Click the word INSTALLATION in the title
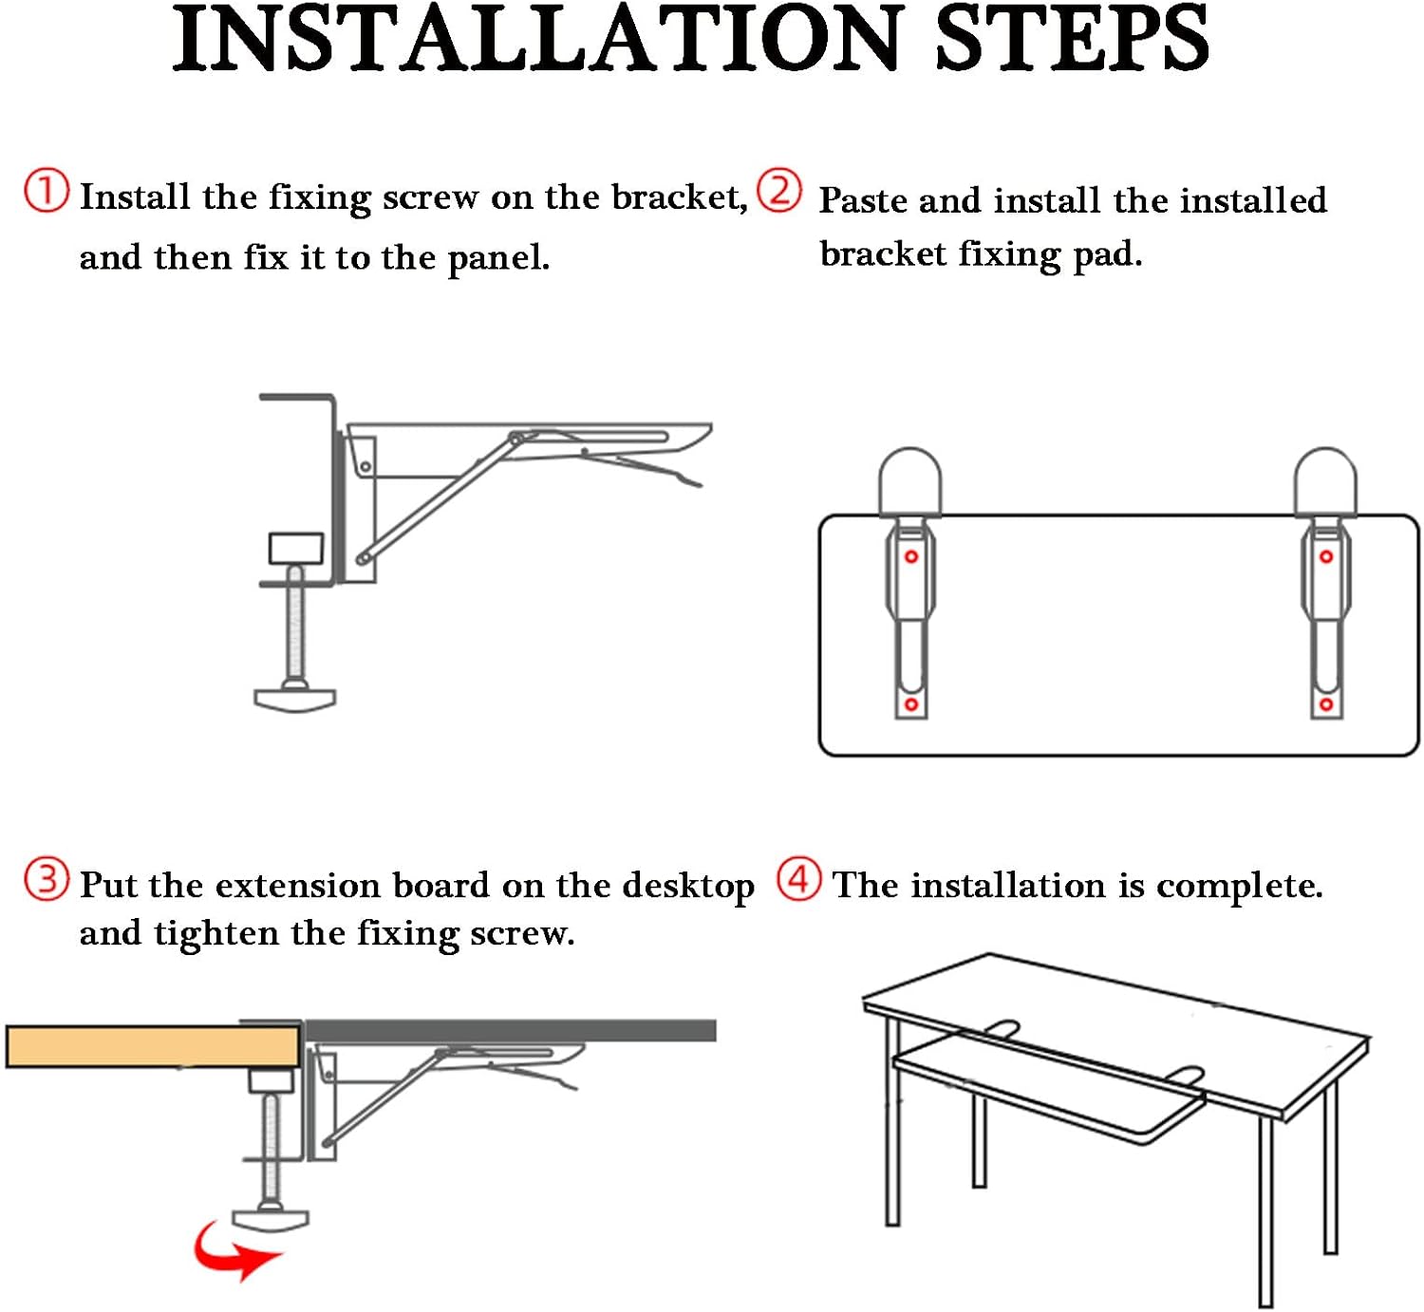tap(536, 40)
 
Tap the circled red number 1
tap(46, 191)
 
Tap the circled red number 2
tap(779, 191)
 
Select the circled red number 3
tap(47, 879)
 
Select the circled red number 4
tap(798, 879)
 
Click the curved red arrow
tap(234, 1251)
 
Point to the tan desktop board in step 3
tap(152, 1046)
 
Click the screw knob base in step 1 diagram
tap(295, 700)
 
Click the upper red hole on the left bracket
tap(911, 557)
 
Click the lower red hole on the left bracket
tap(911, 704)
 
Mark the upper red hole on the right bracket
tap(1326, 557)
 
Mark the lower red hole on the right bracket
tap(1326, 704)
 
